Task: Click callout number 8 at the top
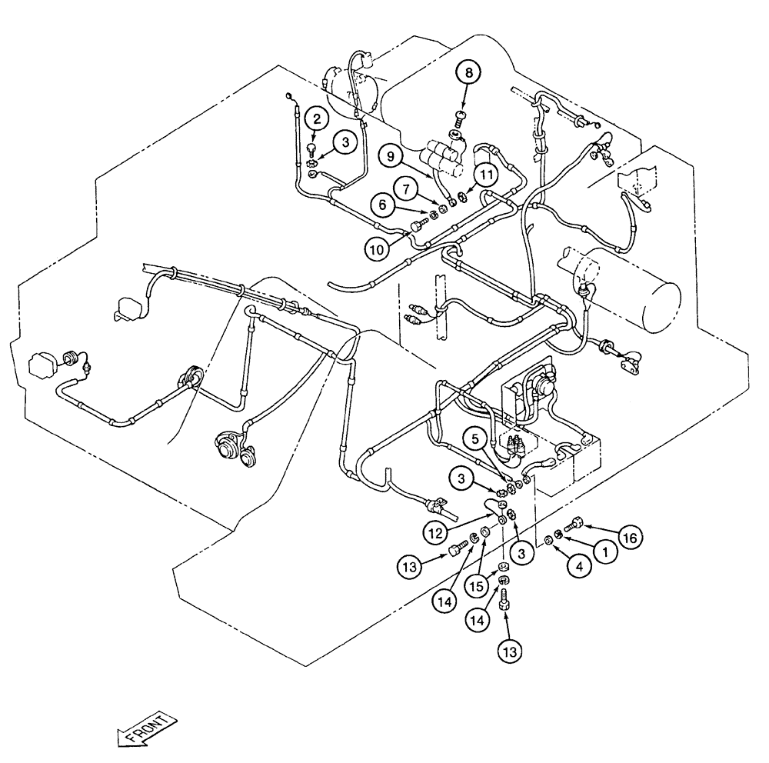[x=468, y=73]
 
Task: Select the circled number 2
[x=315, y=118]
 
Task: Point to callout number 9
[x=391, y=155]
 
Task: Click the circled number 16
[x=628, y=538]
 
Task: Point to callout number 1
[x=605, y=551]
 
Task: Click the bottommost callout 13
[x=508, y=651]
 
